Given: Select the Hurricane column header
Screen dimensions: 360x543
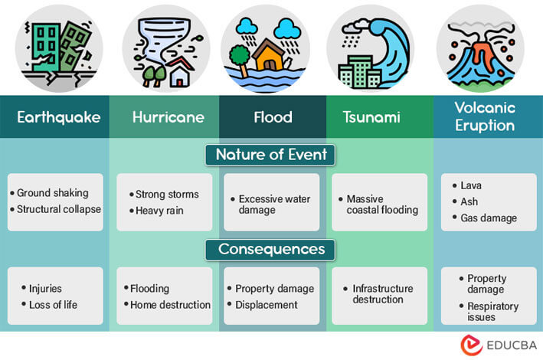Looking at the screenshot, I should pyautogui.click(x=168, y=117).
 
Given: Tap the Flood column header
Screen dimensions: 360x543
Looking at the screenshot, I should pyautogui.click(x=272, y=117).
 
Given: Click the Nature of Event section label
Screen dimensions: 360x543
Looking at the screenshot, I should pyautogui.click(x=271, y=154).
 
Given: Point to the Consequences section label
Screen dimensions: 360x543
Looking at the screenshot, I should pyautogui.click(x=271, y=249).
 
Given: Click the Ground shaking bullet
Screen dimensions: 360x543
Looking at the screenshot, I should pyautogui.click(x=53, y=193).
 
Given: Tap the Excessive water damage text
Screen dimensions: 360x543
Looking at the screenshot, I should pyautogui.click(x=273, y=204).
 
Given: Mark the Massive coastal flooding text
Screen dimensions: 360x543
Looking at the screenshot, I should pyautogui.click(x=381, y=204).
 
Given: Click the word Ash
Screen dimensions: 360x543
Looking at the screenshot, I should pyautogui.click(x=469, y=201).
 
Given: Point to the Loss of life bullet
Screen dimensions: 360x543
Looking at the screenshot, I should pyautogui.click(x=53, y=305).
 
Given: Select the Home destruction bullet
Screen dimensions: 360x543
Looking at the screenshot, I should pyautogui.click(x=169, y=305).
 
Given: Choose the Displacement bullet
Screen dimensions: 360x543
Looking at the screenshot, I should pyautogui.click(x=266, y=305).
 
